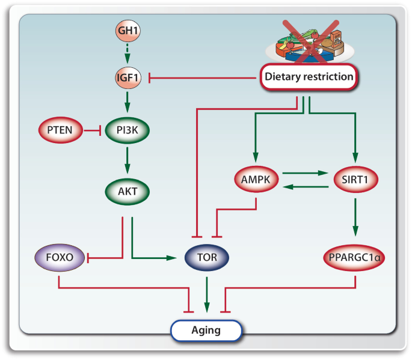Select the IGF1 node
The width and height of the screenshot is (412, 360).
127,78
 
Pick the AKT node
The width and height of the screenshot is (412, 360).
127,194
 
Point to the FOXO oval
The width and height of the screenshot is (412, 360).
59,258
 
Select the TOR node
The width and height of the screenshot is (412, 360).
207,258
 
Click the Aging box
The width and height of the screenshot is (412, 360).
206,330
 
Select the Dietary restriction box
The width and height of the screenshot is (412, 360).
309,77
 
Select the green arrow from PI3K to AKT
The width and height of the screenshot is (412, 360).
127,161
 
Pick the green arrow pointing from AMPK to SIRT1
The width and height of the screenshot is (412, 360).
306,174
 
